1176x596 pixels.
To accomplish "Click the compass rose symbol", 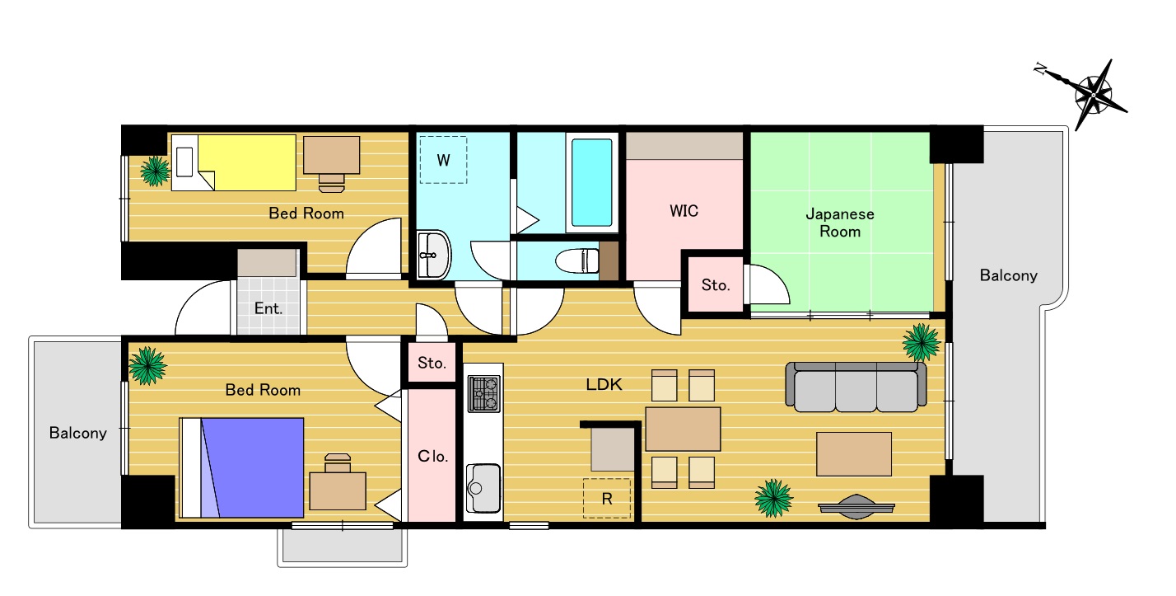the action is coord(1093,95).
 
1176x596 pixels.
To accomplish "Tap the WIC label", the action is coord(684,211).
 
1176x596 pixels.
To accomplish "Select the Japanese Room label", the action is coord(840,223).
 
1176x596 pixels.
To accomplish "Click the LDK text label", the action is coord(604,385).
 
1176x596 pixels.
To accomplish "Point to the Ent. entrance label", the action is coord(268,308).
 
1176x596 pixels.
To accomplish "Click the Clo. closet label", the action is coord(432,456).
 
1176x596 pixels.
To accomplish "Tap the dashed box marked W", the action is coord(443,160).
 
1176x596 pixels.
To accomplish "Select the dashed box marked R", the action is coord(607,498).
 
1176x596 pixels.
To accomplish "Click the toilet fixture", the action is coord(577,260).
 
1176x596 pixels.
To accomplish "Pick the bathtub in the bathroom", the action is coord(591,182).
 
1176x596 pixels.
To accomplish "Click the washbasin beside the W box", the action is coord(434,255).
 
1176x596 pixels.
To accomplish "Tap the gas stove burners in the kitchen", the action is coord(484,394).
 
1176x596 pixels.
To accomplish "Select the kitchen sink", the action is coord(483,488).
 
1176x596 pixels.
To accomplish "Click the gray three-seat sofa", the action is coord(856,387).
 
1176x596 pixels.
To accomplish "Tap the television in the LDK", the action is coord(856,507).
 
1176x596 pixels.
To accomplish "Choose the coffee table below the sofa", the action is coord(854,454).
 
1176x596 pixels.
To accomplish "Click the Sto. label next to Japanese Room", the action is coord(716,285).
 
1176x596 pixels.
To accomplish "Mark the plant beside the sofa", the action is coord(922,343).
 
